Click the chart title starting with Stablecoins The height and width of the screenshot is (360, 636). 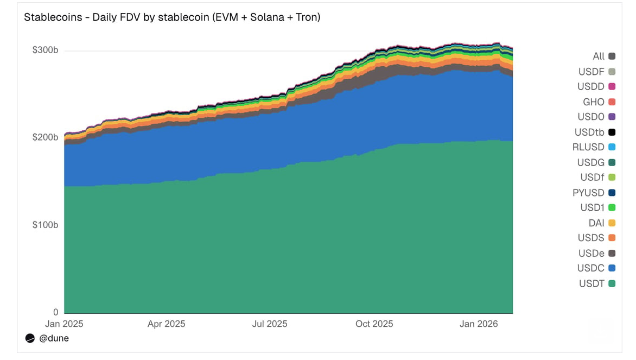(172, 17)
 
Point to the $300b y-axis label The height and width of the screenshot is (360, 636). (46, 50)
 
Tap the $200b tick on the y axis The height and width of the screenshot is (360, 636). (46, 137)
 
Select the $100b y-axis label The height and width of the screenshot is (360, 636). (46, 225)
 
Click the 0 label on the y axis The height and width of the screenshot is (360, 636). (55, 312)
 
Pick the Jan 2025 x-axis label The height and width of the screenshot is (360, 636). (64, 324)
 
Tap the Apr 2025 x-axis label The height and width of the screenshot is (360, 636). (166, 324)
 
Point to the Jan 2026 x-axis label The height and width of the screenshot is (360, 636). (475, 324)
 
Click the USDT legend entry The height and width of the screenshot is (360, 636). (592, 283)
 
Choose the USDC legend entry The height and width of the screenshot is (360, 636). (591, 268)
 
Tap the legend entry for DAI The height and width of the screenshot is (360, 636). (596, 223)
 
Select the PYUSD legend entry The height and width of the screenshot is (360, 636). (588, 192)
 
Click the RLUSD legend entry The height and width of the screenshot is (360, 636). (588, 147)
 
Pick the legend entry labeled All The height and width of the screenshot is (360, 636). (599, 56)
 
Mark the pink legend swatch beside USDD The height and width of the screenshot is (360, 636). (612, 86)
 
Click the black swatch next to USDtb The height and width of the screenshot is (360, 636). (612, 132)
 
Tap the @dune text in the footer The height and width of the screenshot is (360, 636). (54, 338)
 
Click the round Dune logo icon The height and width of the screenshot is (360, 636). (30, 338)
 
